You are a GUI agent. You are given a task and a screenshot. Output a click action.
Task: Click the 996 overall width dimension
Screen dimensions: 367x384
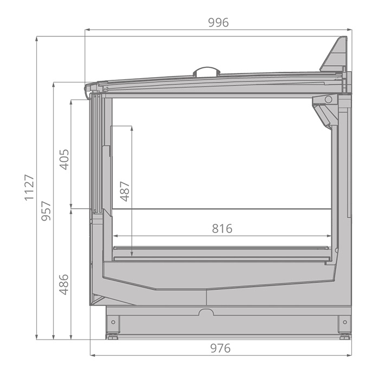(218, 22)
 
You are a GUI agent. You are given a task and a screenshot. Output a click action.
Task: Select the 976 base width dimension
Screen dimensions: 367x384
(220, 348)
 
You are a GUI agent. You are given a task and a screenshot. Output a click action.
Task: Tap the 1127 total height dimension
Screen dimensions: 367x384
(29, 187)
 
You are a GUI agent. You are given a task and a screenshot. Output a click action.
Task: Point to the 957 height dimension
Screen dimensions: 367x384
(46, 211)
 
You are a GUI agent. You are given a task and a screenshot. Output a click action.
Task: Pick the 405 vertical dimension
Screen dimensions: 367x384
(65, 160)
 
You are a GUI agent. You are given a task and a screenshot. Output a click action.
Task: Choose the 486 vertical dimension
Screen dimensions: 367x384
(64, 284)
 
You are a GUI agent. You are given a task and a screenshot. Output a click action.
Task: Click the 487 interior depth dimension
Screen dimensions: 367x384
(125, 191)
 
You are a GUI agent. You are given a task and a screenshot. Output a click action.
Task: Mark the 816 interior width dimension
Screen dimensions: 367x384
(222, 229)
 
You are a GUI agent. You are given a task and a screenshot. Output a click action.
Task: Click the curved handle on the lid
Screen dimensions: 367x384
(207, 71)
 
